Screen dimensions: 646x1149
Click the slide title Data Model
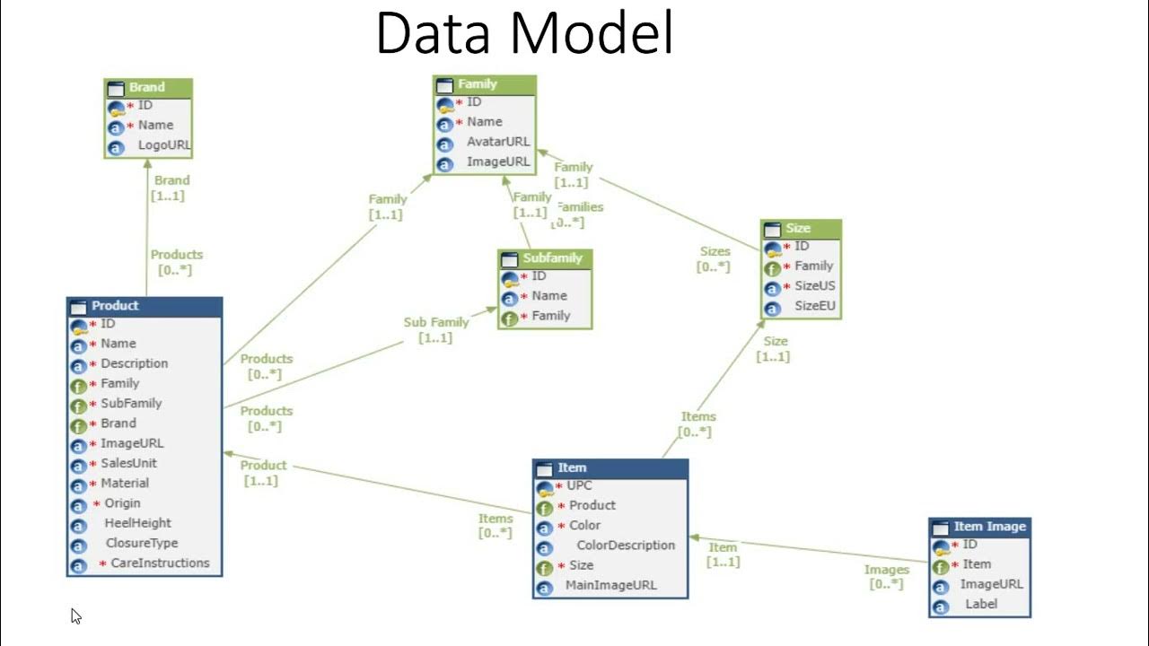(x=524, y=34)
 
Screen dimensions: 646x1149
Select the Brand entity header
(x=147, y=88)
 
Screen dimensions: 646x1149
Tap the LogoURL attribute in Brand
(x=164, y=145)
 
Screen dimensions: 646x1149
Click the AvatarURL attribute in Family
(x=498, y=142)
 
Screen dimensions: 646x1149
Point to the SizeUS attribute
(x=813, y=286)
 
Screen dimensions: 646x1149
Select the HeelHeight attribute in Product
(x=137, y=523)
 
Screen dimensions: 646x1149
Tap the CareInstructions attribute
(x=160, y=563)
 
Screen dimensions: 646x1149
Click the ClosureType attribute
(x=142, y=543)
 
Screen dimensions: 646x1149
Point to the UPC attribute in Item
(x=579, y=485)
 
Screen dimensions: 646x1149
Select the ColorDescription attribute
(x=625, y=546)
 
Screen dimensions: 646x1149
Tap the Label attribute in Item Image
(x=981, y=604)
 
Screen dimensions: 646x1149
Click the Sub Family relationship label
(x=435, y=322)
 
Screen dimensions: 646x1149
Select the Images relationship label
(x=886, y=570)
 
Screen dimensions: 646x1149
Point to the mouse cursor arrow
(x=75, y=615)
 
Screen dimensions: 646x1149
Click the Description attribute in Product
(x=134, y=363)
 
